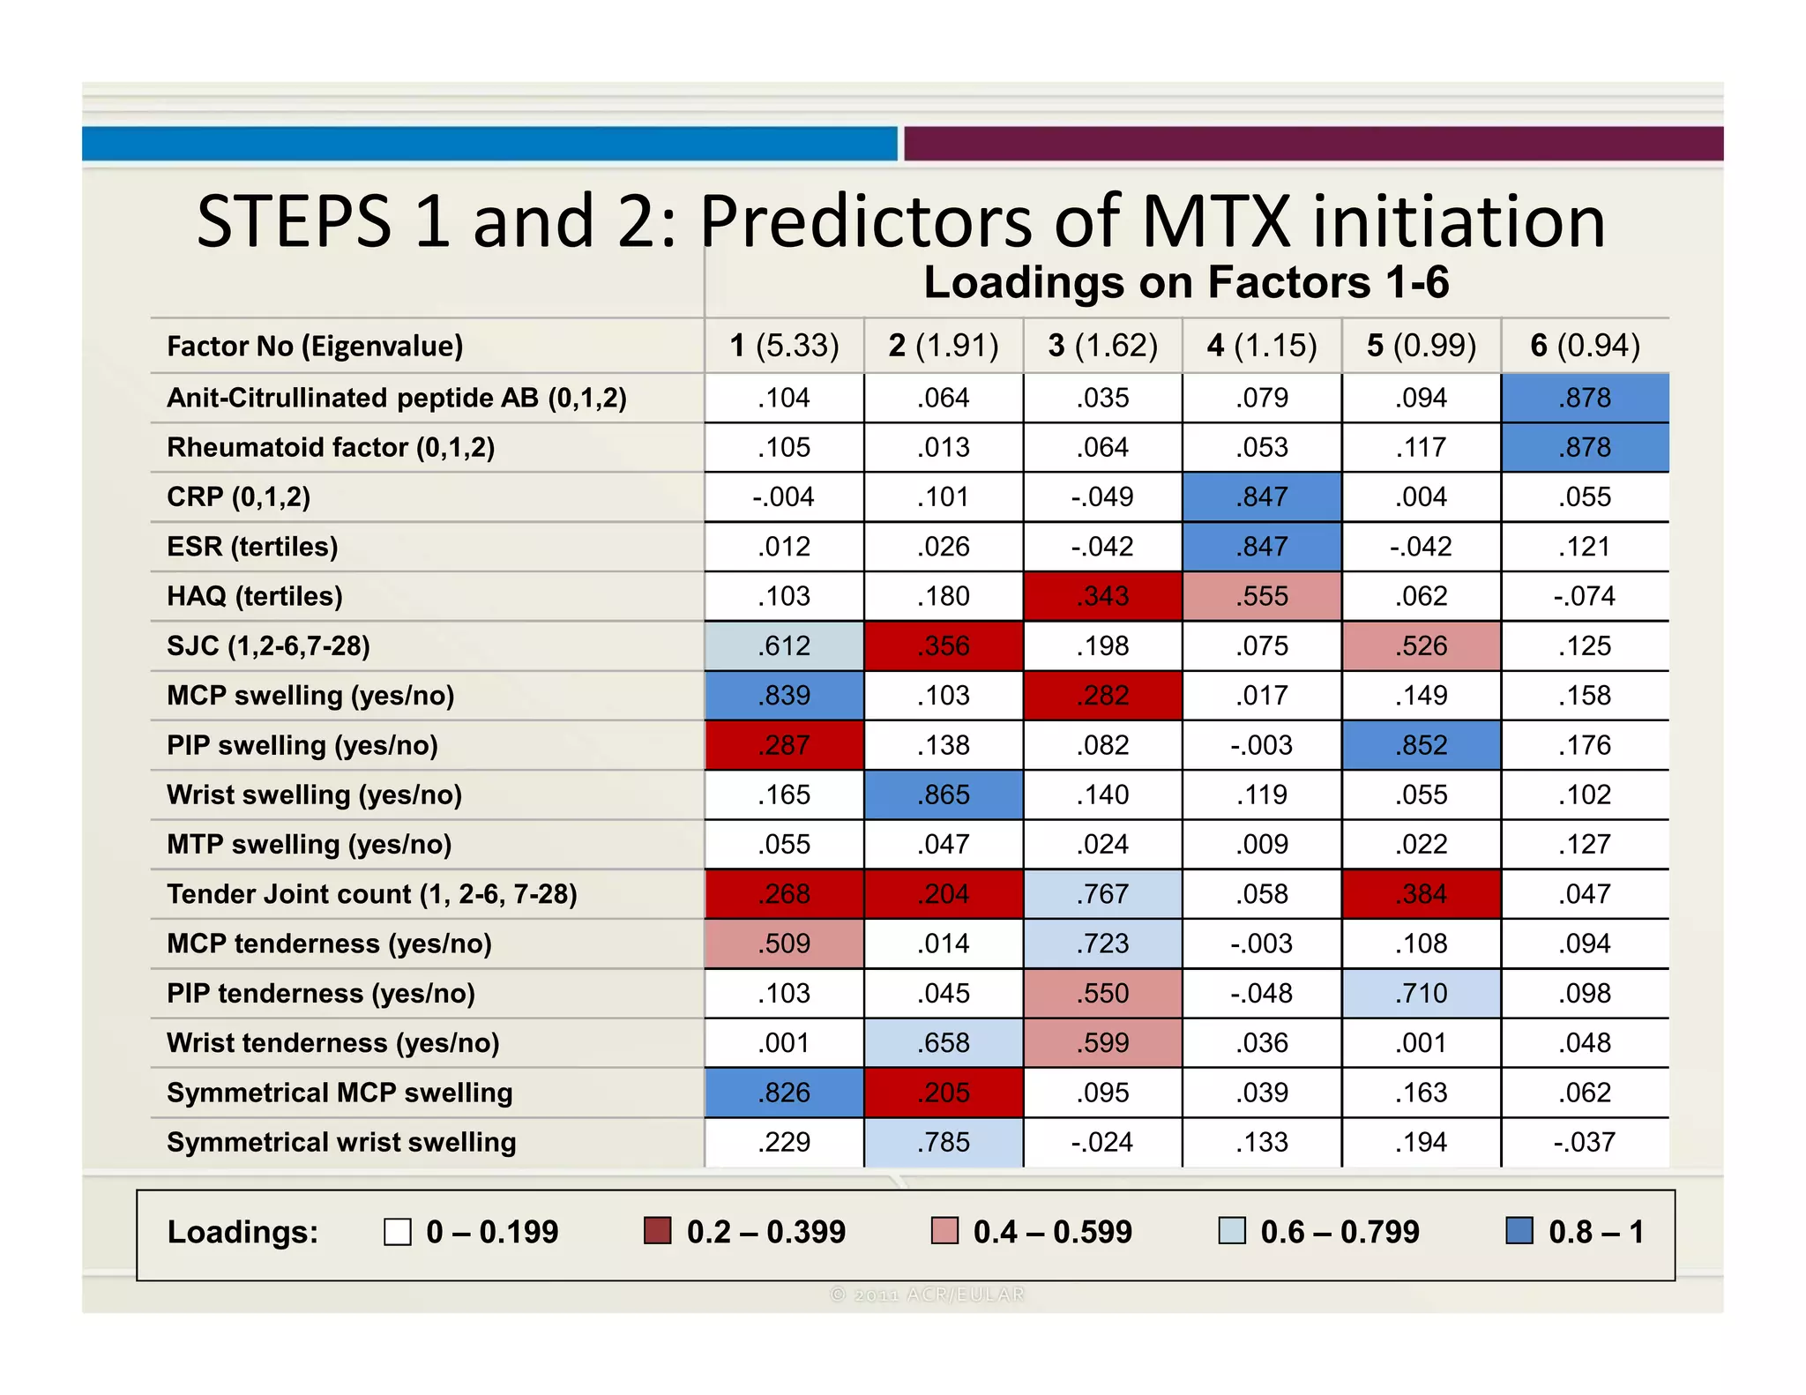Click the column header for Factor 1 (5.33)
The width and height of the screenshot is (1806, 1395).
784,346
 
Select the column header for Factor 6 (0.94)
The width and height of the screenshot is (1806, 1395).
1585,346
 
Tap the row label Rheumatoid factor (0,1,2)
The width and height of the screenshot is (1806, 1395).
331,448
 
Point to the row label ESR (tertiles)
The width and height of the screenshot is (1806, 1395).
252,547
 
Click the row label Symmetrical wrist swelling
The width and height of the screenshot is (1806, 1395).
341,1143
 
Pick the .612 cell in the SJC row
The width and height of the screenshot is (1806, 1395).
784,646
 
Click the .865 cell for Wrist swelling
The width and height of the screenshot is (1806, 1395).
944,795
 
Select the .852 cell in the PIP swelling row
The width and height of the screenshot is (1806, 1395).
1422,745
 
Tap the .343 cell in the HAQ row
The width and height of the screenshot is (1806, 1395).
1103,596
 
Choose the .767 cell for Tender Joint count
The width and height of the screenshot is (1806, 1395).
1103,894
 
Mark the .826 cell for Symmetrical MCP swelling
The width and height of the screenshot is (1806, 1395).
784,1093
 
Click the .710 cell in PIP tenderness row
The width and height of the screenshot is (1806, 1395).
1422,994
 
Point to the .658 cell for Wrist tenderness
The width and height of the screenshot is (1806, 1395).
944,1043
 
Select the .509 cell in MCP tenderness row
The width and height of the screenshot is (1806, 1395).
784,944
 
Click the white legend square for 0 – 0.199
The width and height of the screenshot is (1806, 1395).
398,1232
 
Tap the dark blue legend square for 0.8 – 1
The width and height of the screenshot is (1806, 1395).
1519,1231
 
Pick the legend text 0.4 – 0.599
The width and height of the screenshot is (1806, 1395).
1052,1232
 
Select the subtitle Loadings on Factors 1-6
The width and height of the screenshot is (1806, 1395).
1186,282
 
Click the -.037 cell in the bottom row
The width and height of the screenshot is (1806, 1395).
1585,1143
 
